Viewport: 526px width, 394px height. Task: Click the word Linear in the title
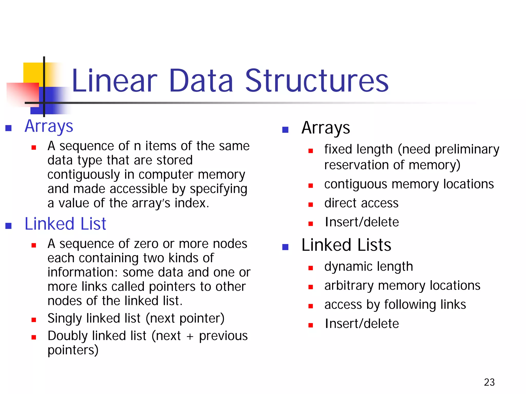(x=114, y=81)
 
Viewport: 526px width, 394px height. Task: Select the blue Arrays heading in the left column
(x=49, y=126)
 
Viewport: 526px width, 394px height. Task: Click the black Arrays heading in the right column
(x=325, y=128)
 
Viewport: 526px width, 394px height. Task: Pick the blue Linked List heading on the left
(x=65, y=224)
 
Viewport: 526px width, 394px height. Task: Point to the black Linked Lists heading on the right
(x=346, y=245)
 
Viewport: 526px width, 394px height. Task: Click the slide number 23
(x=489, y=382)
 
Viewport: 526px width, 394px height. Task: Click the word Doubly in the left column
(x=68, y=336)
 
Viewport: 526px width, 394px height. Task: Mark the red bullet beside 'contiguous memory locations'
(x=311, y=185)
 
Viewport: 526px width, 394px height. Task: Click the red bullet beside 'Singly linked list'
(x=34, y=320)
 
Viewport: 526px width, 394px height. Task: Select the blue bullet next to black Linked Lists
(x=285, y=247)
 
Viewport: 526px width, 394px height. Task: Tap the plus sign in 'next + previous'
(x=190, y=337)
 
